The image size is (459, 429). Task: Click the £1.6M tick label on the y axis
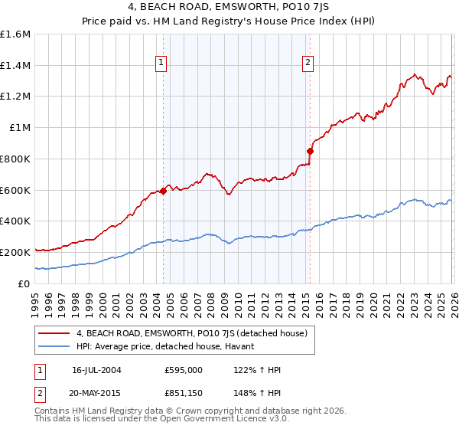pyautogui.click(x=15, y=34)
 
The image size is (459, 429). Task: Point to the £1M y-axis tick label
pyautogui.click(x=20, y=128)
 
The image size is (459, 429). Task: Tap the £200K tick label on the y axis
pyautogui.click(x=15, y=252)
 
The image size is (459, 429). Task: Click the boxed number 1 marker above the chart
pyautogui.click(x=162, y=64)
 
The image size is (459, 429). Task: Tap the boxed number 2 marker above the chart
pyautogui.click(x=308, y=64)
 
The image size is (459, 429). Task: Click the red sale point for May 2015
pyautogui.click(x=310, y=151)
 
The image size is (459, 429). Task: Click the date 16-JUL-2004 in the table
pyautogui.click(x=96, y=370)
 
